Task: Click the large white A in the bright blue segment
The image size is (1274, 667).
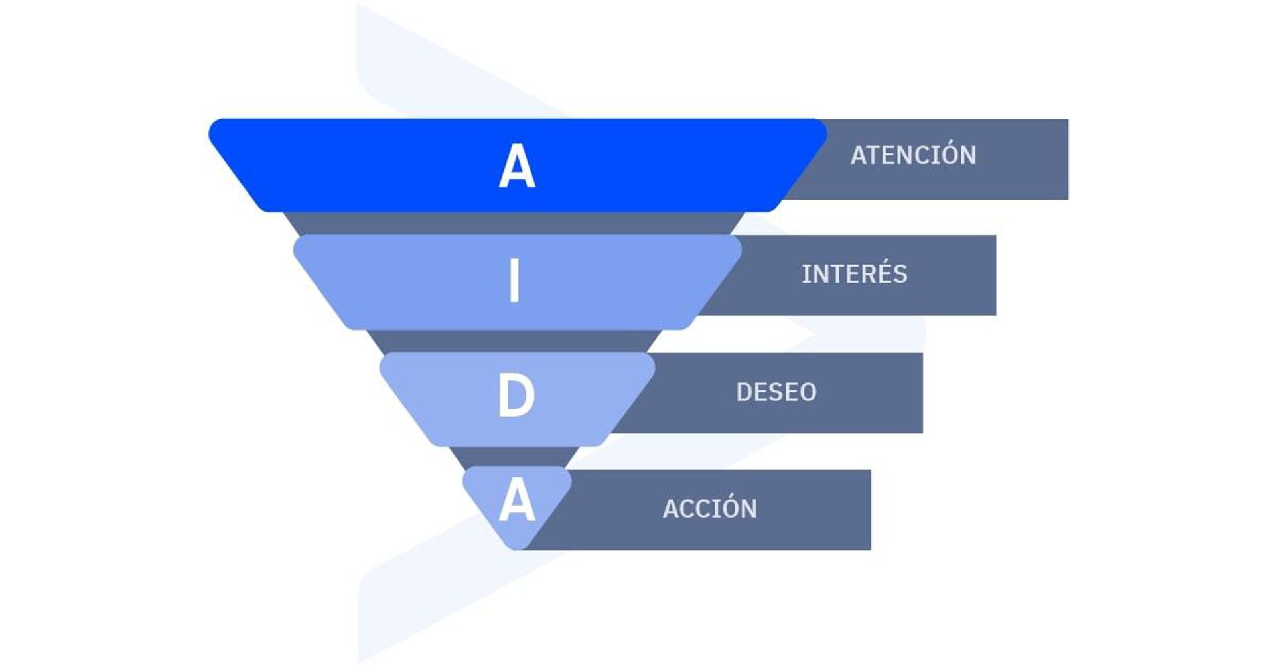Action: click(x=517, y=167)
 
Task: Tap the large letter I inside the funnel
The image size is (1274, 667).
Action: click(x=514, y=281)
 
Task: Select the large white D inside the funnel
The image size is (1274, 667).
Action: click(x=516, y=396)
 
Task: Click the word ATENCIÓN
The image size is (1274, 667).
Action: click(x=913, y=155)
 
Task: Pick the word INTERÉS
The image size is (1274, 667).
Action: click(x=854, y=274)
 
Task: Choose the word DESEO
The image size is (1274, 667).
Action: click(x=776, y=392)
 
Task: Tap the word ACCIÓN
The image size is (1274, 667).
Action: click(x=709, y=509)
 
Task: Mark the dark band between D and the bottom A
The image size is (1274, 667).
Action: click(x=515, y=457)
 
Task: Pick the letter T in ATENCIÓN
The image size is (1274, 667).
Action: click(x=875, y=155)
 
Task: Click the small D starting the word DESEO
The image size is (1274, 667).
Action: click(x=744, y=392)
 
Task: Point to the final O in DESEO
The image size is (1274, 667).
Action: click(x=808, y=392)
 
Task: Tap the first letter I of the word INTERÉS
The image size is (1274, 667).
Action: click(x=805, y=274)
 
